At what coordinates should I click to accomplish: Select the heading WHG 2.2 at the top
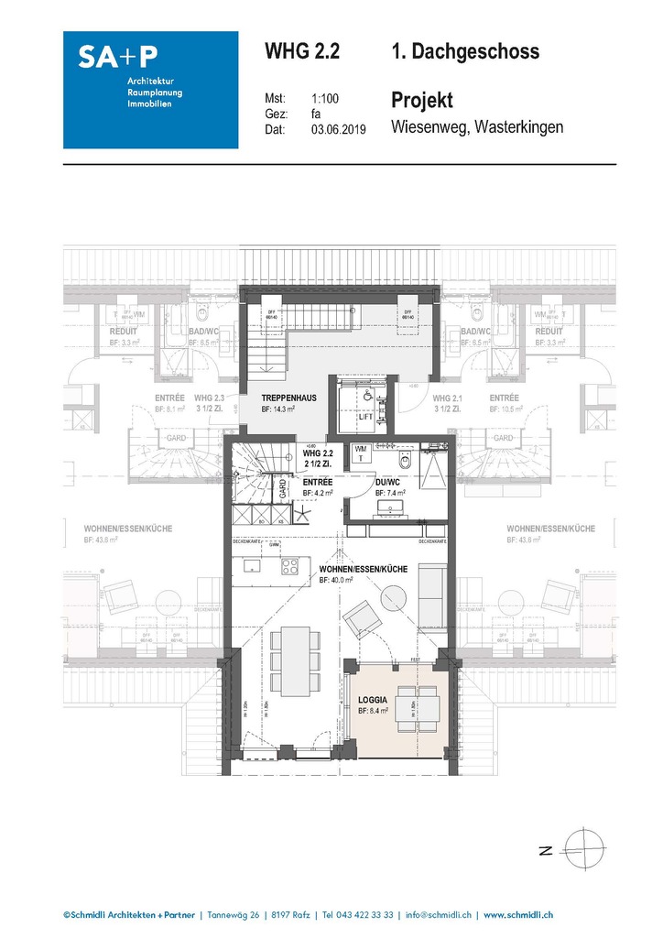[301, 51]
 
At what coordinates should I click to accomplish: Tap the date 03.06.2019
[338, 130]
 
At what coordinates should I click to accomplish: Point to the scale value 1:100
[325, 98]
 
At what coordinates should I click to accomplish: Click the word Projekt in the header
[421, 100]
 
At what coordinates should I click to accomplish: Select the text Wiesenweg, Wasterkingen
[476, 127]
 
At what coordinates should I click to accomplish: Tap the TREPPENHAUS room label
[288, 398]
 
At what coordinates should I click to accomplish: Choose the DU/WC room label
[387, 483]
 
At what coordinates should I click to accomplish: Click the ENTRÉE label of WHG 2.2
[317, 482]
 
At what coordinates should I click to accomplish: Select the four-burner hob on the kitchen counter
[289, 565]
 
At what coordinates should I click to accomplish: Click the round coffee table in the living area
[399, 601]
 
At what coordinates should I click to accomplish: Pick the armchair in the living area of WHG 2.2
[364, 618]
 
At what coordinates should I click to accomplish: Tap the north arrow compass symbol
[584, 848]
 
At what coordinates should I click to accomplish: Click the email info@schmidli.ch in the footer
[437, 914]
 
